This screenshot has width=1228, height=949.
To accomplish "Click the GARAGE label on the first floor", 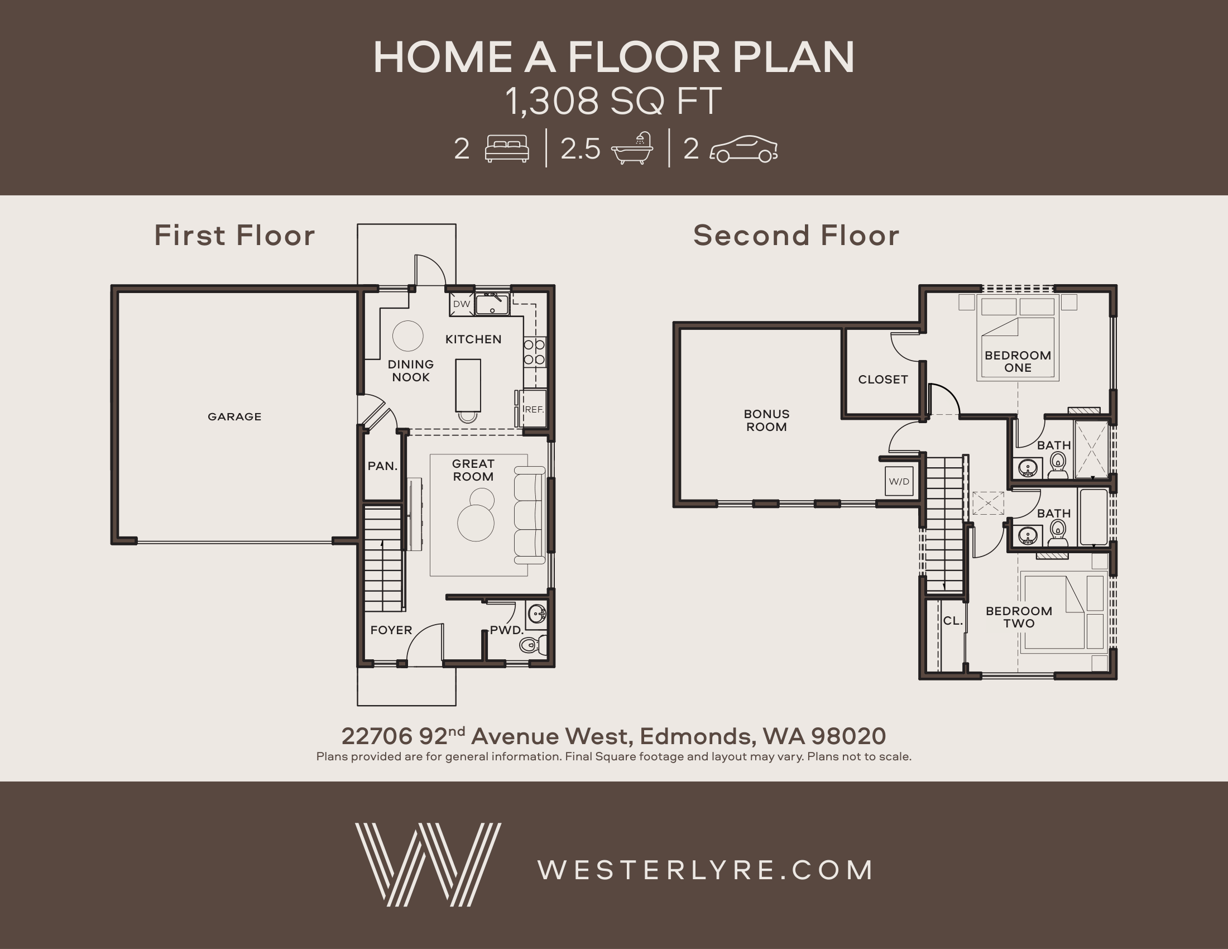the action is [x=234, y=416].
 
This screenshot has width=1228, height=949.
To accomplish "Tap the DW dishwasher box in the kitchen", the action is [x=462, y=304].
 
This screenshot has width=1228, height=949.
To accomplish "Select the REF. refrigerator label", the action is [x=534, y=409].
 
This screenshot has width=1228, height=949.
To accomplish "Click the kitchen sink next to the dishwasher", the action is [x=492, y=304].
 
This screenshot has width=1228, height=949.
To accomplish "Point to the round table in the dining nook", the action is [x=407, y=336].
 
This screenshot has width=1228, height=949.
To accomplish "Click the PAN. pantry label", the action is [x=382, y=466].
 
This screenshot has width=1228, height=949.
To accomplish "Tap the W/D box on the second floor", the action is [x=899, y=481].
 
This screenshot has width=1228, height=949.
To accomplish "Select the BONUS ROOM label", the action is [x=766, y=420].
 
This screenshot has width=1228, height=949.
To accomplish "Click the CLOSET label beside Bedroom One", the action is [x=883, y=380].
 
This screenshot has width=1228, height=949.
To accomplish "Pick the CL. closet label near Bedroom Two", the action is [x=952, y=621].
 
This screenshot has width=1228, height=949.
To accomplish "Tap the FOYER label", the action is [x=391, y=630].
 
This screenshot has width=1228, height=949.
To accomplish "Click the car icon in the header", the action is [x=743, y=149].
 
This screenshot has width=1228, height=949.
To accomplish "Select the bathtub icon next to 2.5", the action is [x=632, y=148].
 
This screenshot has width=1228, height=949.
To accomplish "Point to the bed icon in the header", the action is [x=507, y=149].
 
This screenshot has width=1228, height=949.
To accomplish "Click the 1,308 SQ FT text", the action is [x=613, y=102].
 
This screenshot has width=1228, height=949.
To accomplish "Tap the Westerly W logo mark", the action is [x=428, y=865].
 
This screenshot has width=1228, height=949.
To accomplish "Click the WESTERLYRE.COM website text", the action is [x=706, y=870].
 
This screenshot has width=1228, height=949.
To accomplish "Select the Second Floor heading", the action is [x=796, y=235].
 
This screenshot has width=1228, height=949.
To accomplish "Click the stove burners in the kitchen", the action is [x=534, y=352].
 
